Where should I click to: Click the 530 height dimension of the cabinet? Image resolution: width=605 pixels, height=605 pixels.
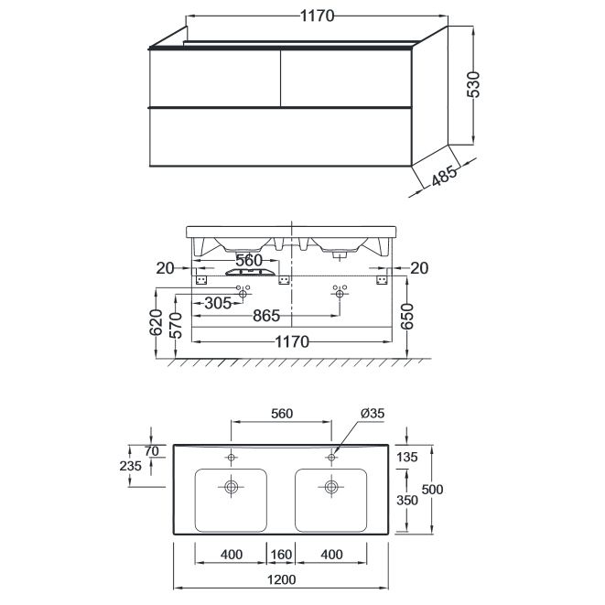click(x=473, y=84)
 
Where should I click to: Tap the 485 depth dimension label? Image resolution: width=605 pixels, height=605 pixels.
click(x=444, y=176)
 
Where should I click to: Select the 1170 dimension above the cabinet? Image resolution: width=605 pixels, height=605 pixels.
click(x=317, y=16)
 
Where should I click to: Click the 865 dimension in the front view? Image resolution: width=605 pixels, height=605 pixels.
click(x=266, y=316)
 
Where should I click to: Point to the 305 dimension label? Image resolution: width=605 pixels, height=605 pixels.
click(x=218, y=303)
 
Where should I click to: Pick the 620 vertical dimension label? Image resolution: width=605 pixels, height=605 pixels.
click(x=157, y=322)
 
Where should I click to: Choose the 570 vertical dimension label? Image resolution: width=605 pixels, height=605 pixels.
click(x=176, y=325)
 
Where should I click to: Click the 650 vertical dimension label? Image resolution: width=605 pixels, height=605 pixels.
click(x=406, y=317)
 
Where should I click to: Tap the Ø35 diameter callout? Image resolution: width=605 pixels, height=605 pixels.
click(x=373, y=413)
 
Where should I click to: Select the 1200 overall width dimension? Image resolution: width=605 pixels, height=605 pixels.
click(x=281, y=579)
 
